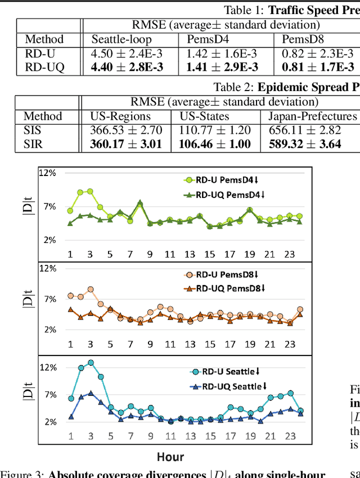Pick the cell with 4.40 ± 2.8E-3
[x=129, y=67]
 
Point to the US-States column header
[x=205, y=116]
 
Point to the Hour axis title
[x=170, y=456]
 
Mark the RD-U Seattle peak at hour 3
[x=91, y=363]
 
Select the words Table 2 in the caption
[x=233, y=87]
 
